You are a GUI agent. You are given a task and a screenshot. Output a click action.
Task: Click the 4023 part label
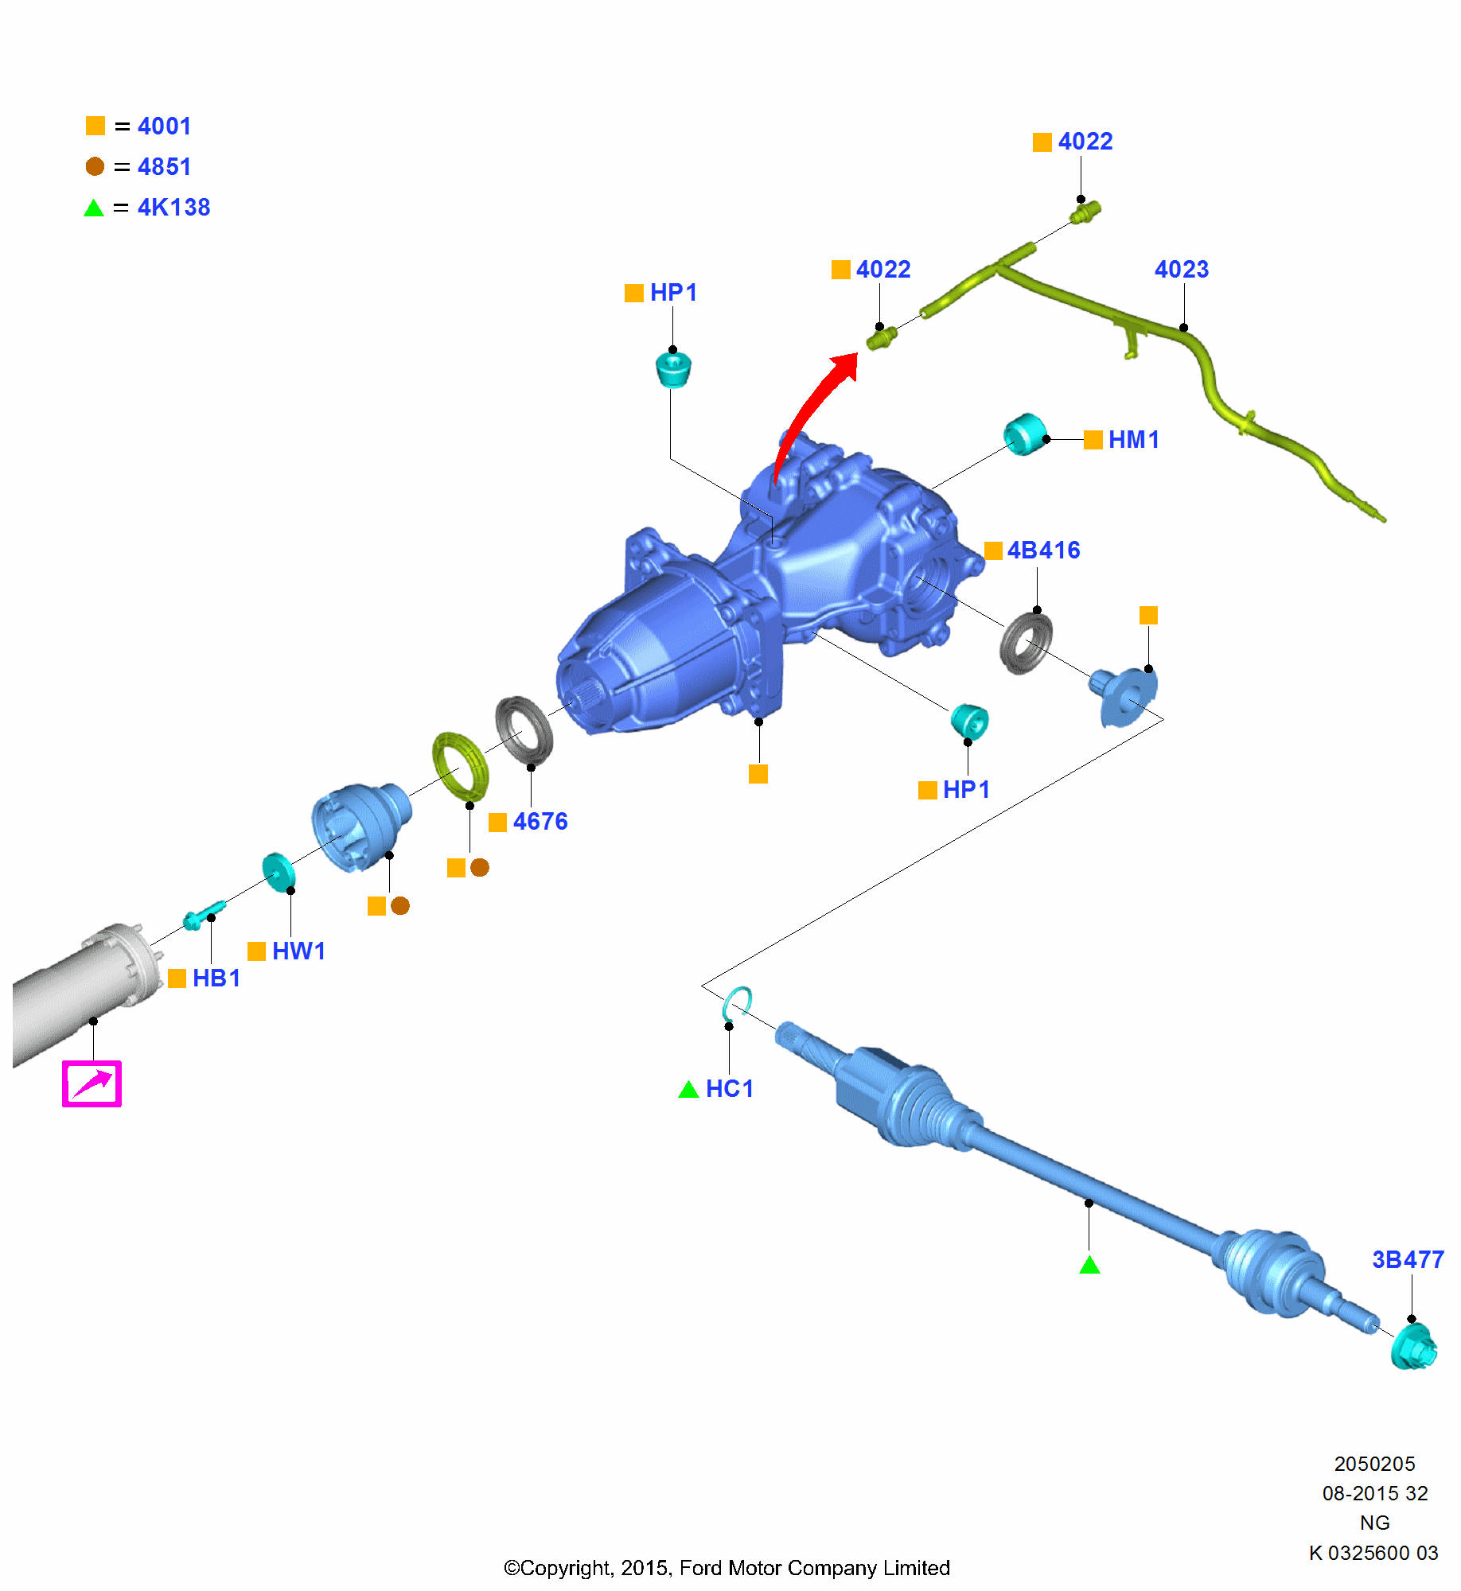coord(1181,270)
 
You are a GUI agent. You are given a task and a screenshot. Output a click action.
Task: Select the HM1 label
coord(1133,440)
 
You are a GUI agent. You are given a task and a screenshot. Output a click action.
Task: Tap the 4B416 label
coord(1043,550)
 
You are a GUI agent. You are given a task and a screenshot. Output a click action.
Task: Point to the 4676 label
coord(540,822)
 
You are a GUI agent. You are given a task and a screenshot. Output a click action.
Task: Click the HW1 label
coord(298,951)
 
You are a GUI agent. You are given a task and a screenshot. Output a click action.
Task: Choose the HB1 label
coord(216,978)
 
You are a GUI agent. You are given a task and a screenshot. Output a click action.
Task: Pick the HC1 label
coord(729,1089)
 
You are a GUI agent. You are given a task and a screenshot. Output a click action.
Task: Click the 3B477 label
coord(1408,1260)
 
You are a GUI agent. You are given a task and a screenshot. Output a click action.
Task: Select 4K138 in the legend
coord(173,208)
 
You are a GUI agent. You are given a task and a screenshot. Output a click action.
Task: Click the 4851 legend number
coord(164,167)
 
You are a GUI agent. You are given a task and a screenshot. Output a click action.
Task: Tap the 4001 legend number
coord(164,126)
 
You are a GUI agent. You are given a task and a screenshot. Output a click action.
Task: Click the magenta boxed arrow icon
coord(92,1083)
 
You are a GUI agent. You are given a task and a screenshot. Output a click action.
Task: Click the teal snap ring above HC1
coord(737,1004)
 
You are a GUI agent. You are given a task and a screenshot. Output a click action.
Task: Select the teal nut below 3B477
coord(1414,1347)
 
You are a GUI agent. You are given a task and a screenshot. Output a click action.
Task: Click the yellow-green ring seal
coord(460,766)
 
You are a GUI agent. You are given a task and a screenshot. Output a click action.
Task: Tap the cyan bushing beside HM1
coord(1024,434)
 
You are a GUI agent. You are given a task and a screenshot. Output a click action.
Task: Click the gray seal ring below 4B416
coord(1026,643)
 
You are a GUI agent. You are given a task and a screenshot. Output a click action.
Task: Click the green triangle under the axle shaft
coord(1089,1265)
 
